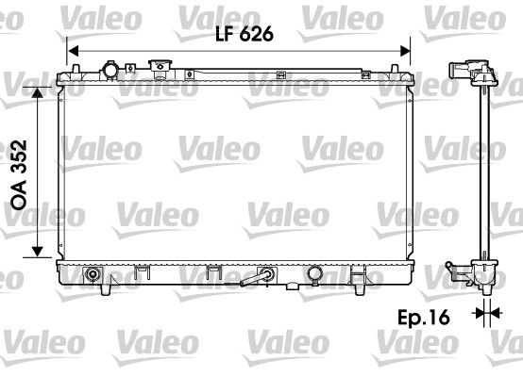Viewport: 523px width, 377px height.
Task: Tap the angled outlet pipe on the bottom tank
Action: point(258,278)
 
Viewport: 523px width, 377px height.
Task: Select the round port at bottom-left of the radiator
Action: point(93,275)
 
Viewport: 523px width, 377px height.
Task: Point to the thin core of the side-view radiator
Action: point(486,170)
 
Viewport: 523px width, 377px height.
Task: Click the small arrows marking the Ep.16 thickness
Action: point(486,312)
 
